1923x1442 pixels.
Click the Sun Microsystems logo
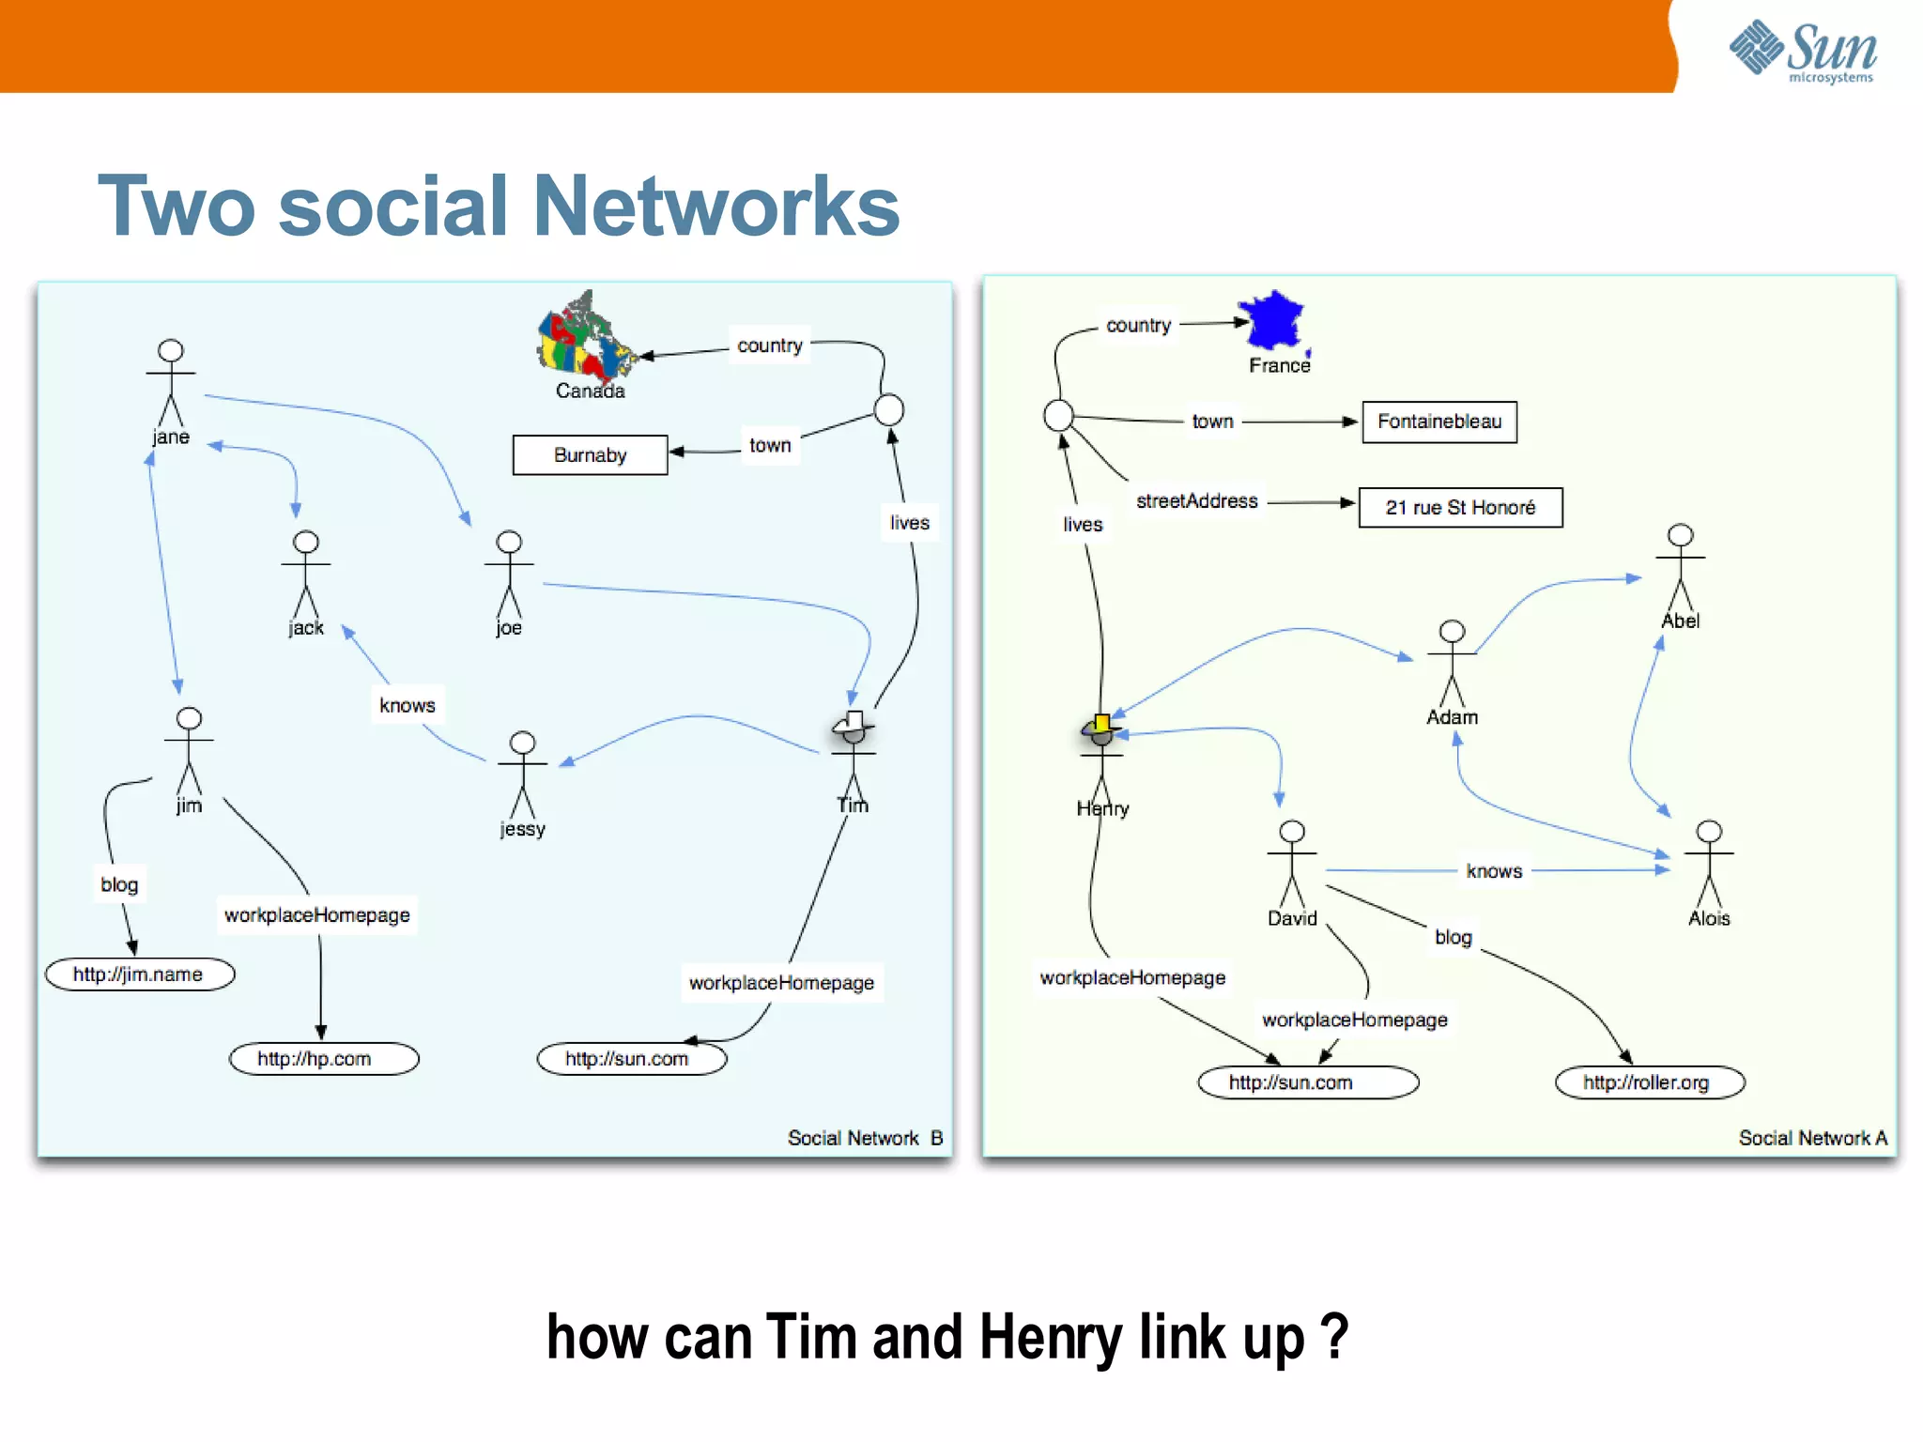coord(1802,51)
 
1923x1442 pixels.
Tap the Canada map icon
coord(586,337)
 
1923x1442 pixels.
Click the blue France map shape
coord(1272,320)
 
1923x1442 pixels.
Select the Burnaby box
coord(590,455)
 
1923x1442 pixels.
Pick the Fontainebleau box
coord(1438,422)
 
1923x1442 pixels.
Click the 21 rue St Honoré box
coord(1460,508)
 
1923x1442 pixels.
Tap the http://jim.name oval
coord(139,974)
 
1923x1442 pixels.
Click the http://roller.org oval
coord(1649,1082)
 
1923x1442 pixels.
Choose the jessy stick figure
coord(522,775)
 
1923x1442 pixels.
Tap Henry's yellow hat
coord(1100,724)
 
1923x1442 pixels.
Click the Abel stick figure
coord(1680,567)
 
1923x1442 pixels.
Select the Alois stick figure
coord(1709,864)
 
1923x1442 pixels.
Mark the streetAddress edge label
coord(1196,501)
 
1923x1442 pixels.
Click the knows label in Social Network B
coord(407,705)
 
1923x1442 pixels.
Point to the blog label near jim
coord(119,884)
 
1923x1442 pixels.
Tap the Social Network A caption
coord(1811,1138)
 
